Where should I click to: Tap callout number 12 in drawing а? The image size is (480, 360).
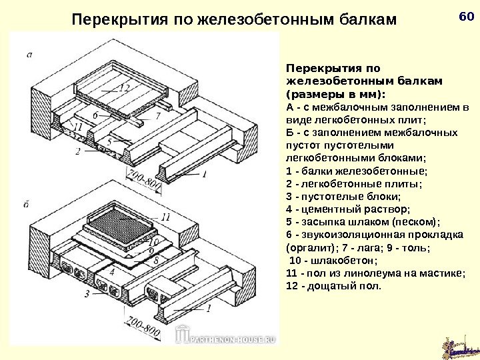click(124, 87)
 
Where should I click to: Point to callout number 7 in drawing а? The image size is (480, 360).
click(158, 116)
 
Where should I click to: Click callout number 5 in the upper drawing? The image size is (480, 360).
click(109, 142)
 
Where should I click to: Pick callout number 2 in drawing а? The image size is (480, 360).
click(78, 152)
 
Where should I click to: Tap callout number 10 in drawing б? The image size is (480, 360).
click(154, 242)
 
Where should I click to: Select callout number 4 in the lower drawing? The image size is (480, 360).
click(112, 272)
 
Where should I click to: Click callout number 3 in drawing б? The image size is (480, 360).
click(86, 293)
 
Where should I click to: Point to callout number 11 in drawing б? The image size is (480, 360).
click(165, 217)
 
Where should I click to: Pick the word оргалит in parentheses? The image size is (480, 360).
click(307, 247)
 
